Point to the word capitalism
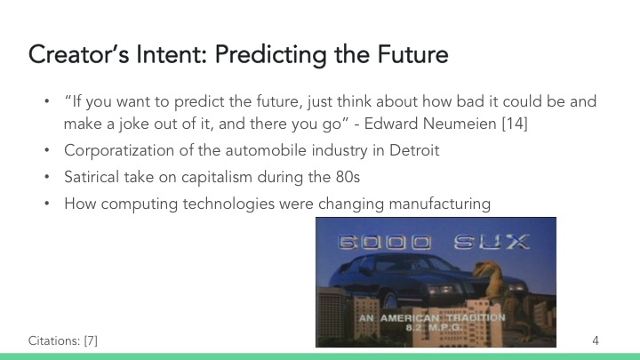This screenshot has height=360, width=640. [x=193, y=178]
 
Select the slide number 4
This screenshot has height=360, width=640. [x=596, y=340]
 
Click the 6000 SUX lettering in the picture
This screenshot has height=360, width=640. [x=435, y=243]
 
